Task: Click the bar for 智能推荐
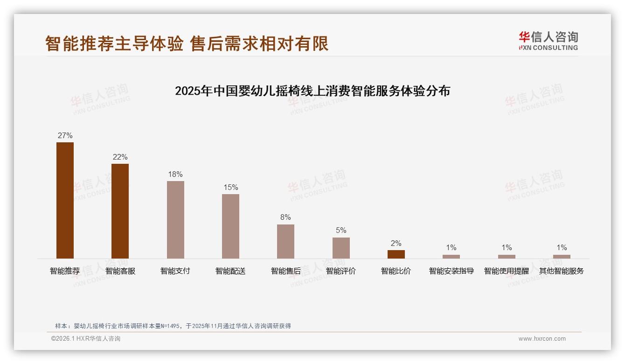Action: pyautogui.click(x=65, y=200)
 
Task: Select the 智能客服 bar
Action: pyautogui.click(x=120, y=211)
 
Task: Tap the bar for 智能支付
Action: pyautogui.click(x=175, y=220)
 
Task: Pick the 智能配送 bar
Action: pyautogui.click(x=230, y=226)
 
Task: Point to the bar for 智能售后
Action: pyautogui.click(x=285, y=241)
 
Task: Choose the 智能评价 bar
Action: pyautogui.click(x=341, y=248)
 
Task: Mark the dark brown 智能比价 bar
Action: pyautogui.click(x=396, y=254)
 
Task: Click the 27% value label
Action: pyautogui.click(x=65, y=136)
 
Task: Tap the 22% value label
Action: pyautogui.click(x=120, y=157)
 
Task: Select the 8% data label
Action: pyautogui.click(x=285, y=217)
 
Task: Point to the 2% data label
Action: pyautogui.click(x=396, y=244)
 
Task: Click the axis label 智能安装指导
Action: pyautogui.click(x=451, y=271)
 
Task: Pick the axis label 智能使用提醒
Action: pyautogui.click(x=507, y=271)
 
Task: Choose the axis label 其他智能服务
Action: pyautogui.click(x=562, y=271)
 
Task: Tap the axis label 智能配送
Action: pyautogui.click(x=230, y=271)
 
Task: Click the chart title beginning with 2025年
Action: pyautogui.click(x=312, y=91)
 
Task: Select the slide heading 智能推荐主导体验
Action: pyautogui.click(x=114, y=43)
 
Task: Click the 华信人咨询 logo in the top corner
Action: pyautogui.click(x=548, y=40)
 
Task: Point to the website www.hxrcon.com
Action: pyautogui.click(x=542, y=339)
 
